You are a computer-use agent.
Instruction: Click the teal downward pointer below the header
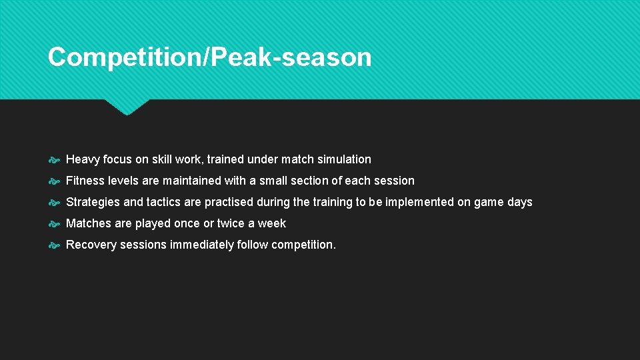[x=127, y=107]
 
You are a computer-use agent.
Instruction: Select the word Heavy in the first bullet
[x=83, y=159]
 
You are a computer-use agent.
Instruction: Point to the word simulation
[x=344, y=159]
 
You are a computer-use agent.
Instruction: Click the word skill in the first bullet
[x=163, y=159]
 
